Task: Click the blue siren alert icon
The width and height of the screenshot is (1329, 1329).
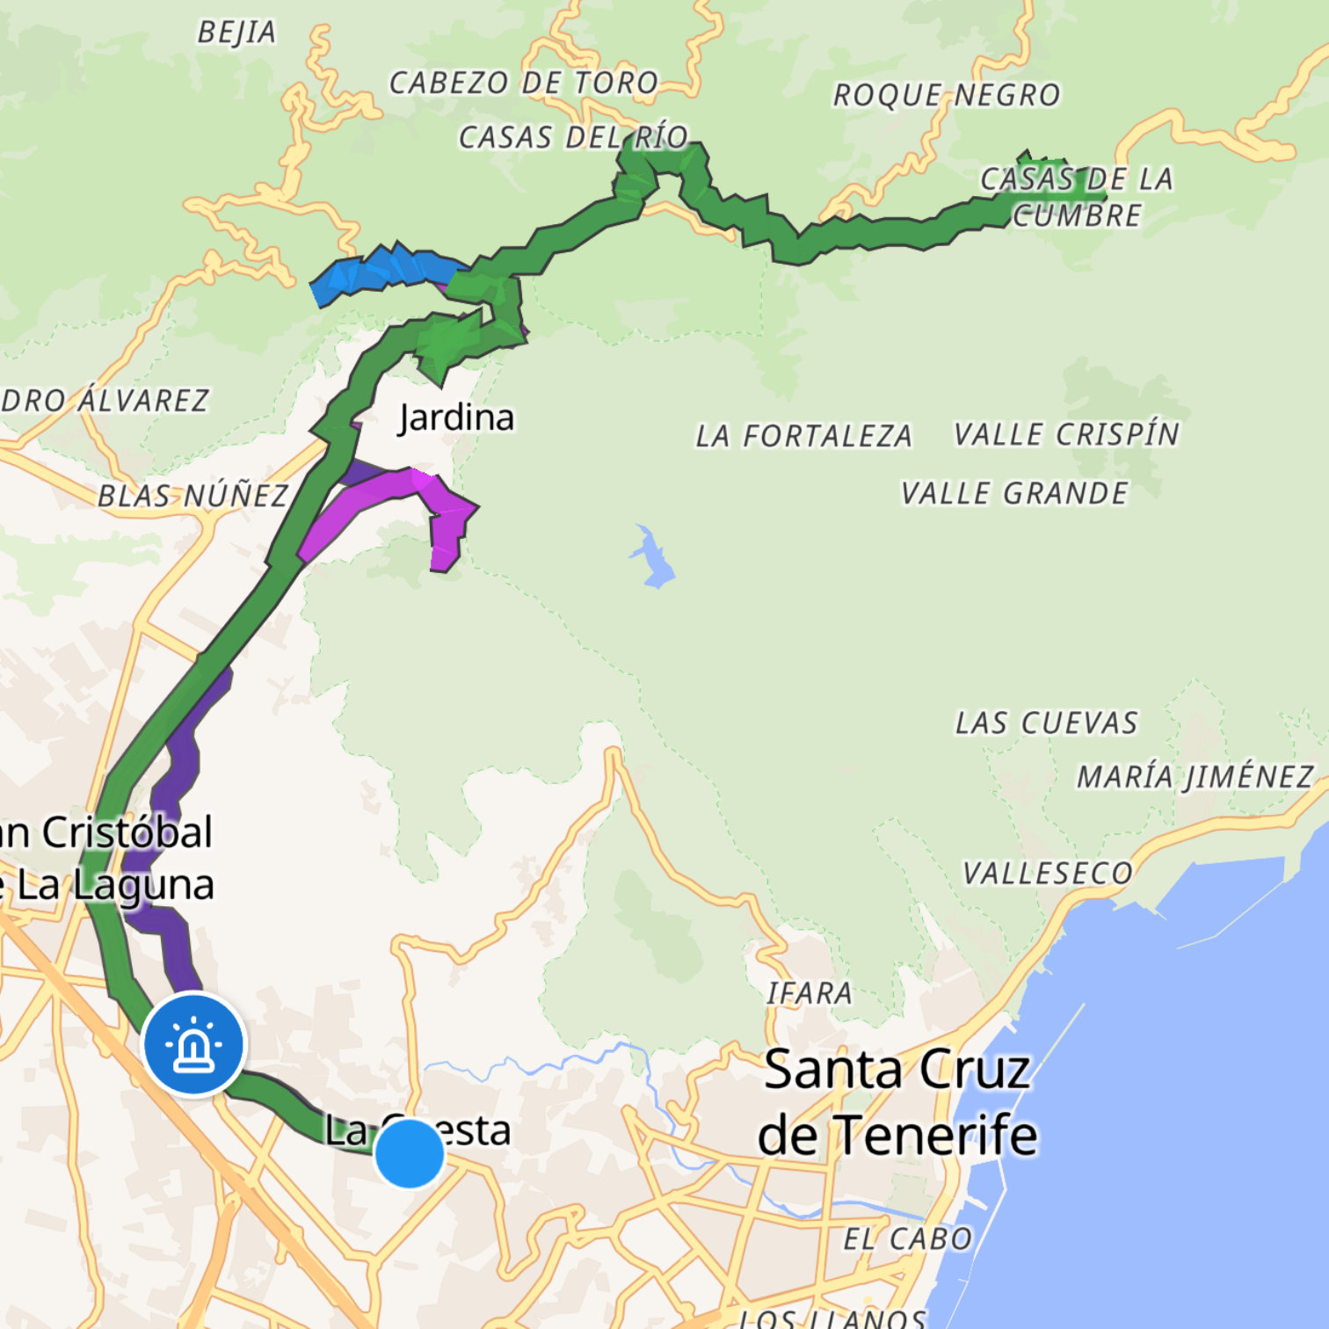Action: (x=194, y=1043)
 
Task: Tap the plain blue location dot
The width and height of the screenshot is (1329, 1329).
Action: (x=410, y=1153)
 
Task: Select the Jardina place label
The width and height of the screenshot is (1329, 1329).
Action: (x=456, y=418)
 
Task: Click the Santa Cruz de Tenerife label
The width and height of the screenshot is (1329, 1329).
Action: (x=897, y=1102)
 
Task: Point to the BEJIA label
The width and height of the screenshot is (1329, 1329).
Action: (x=236, y=33)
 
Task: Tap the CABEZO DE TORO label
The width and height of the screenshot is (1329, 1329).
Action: (x=524, y=84)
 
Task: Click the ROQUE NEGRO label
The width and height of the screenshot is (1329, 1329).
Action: (x=947, y=95)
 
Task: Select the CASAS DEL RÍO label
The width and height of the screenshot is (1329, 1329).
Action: (x=573, y=138)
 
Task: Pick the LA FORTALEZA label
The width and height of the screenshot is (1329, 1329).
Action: (x=803, y=436)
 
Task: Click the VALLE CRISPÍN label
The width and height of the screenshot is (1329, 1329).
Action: (x=1066, y=434)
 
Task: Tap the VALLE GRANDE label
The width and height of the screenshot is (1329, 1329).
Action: (x=1014, y=494)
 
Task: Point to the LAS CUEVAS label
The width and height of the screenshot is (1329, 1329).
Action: (x=1046, y=723)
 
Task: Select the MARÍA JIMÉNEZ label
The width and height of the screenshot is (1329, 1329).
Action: (x=1195, y=777)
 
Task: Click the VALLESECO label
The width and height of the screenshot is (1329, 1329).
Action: (x=1048, y=874)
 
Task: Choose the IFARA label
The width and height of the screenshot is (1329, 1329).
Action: (x=809, y=993)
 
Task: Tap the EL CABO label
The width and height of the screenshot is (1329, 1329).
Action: (x=907, y=1239)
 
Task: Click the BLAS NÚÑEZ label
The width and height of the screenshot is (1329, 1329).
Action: (x=192, y=497)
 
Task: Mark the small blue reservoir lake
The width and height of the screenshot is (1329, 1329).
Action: (x=653, y=557)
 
